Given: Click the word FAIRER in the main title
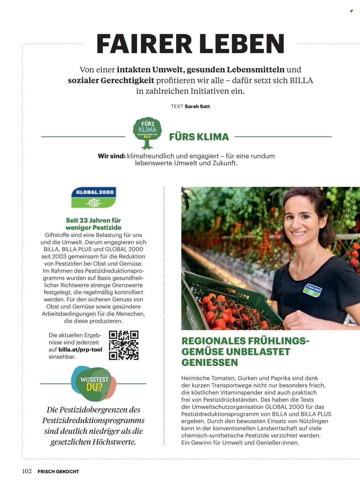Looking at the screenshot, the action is coord(144,44).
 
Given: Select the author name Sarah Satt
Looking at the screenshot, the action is coord(197,106).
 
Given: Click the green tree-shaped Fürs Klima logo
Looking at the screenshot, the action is coord(147,132).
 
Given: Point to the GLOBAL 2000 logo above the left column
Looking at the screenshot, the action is coord(94,197).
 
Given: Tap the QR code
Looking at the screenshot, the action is coord(124,345).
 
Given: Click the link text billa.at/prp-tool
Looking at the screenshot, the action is coord(80,350).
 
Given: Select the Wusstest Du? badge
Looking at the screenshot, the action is coord(94,384).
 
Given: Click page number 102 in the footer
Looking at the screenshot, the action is coord(27,471).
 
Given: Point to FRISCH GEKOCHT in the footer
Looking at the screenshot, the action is coord(58,471).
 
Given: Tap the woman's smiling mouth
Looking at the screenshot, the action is coord(299,233).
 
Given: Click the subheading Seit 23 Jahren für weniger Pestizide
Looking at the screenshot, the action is coord(93,224).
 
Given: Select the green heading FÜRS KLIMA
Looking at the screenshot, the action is coord(199,137).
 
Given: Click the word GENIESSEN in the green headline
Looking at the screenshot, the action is coord(210,363).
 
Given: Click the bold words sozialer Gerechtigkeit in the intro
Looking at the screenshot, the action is coord(111,81).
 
